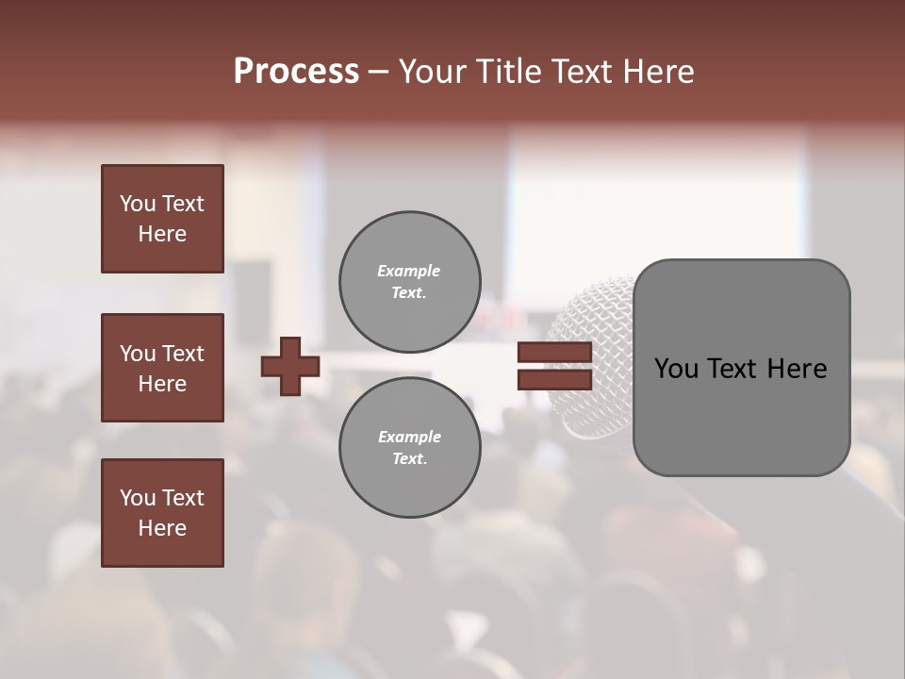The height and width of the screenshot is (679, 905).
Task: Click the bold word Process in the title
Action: click(296, 72)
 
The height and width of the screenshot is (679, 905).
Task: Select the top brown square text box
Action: click(162, 219)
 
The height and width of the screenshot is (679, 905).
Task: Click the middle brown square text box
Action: click(162, 368)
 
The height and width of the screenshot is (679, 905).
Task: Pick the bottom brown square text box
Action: click(162, 513)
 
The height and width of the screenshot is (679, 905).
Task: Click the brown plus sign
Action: click(290, 366)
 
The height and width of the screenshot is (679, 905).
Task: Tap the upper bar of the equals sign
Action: click(554, 353)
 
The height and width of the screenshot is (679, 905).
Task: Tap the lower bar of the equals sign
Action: click(554, 380)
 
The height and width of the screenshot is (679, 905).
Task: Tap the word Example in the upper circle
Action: click(408, 271)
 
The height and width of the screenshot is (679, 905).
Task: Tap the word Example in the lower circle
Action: click(409, 437)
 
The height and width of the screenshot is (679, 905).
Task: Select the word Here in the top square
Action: click(162, 234)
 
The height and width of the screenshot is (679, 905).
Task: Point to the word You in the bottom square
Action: click(137, 498)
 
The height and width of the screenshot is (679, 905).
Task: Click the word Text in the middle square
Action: click(182, 354)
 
